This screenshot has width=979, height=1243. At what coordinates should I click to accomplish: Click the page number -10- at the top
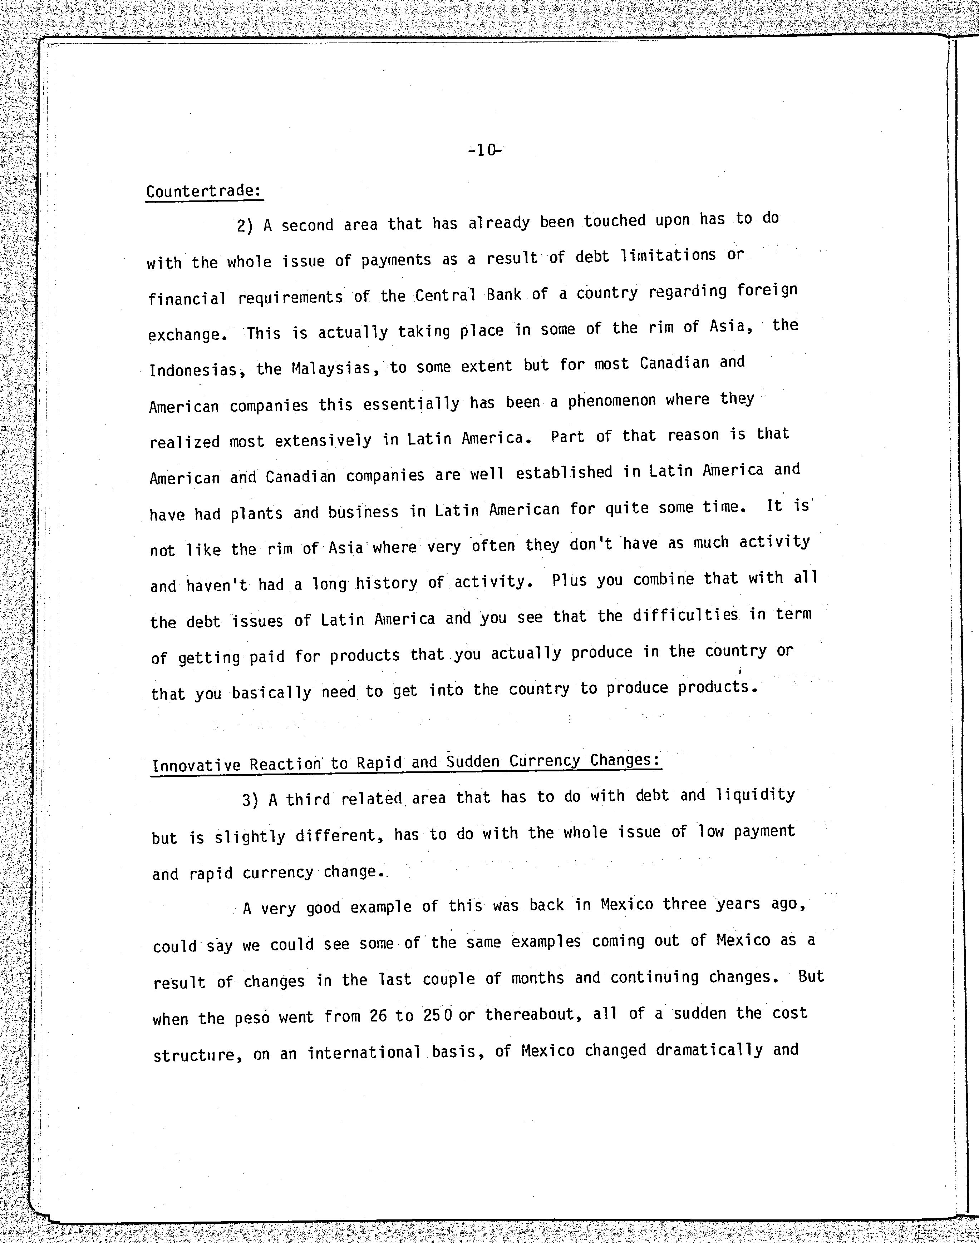485,151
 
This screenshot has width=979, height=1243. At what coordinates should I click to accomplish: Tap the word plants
256,513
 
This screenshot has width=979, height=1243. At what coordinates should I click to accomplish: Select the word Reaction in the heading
285,765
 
